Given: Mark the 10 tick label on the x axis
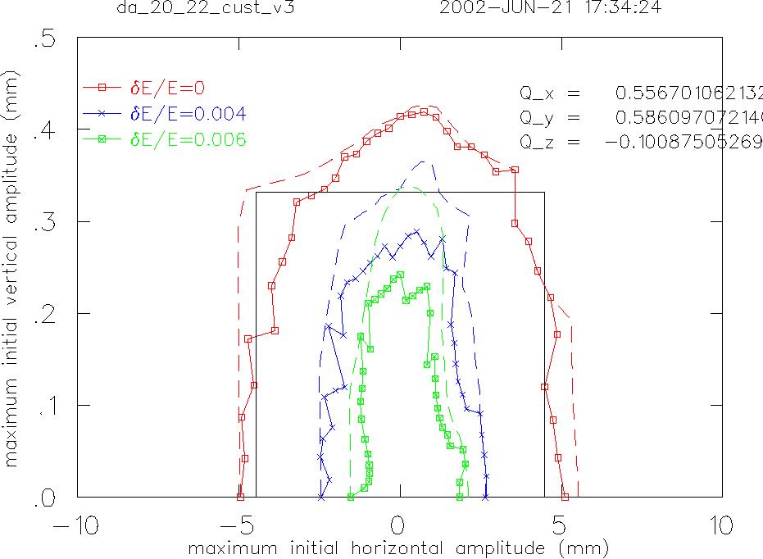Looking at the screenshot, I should (721, 525).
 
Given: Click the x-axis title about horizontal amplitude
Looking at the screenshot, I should (399, 547).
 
